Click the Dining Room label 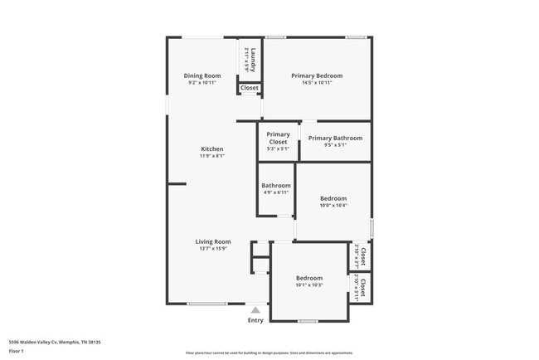coord(202,75)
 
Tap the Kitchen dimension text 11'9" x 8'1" coord(211,156)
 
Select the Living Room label coord(213,241)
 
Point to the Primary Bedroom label coord(317,75)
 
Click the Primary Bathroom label coord(335,138)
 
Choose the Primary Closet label coord(279,138)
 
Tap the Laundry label coord(253,59)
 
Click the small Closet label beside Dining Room coord(250,88)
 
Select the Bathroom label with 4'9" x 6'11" coord(276,186)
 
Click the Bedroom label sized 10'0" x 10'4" coord(333,198)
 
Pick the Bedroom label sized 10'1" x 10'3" coord(309,278)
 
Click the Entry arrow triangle coord(255,309)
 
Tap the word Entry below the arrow coord(255,320)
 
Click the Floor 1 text coord(17,351)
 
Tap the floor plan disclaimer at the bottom coord(269,353)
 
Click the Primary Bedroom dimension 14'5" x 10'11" coord(317,83)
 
